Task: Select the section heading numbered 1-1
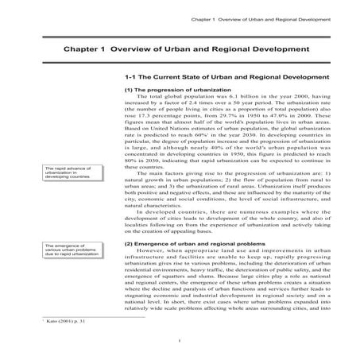[226, 77]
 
